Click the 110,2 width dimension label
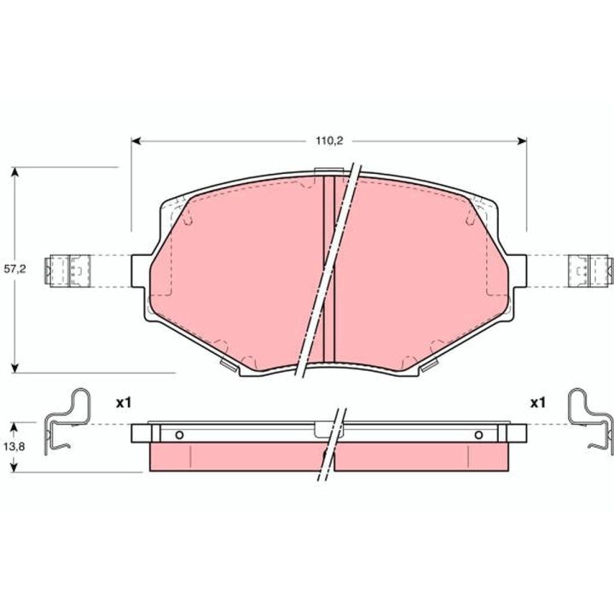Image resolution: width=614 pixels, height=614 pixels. (329, 141)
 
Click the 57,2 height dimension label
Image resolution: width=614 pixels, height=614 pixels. (14, 269)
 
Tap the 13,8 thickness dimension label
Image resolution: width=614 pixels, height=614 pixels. (14, 446)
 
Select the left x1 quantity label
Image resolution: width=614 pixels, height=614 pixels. (124, 403)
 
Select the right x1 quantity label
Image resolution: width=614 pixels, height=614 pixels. (537, 403)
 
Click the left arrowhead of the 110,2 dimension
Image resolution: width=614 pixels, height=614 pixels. (136, 141)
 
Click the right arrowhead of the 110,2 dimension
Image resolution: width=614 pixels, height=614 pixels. (522, 141)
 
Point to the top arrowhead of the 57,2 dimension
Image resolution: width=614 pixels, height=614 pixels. (14, 172)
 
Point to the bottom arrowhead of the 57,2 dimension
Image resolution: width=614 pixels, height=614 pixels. (14, 368)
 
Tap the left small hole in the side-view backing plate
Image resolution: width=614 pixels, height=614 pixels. (179, 435)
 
